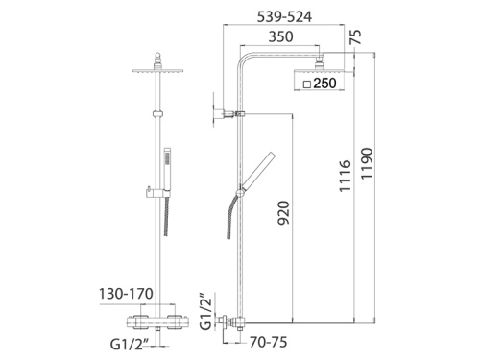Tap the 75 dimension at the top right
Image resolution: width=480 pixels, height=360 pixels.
tap(356, 39)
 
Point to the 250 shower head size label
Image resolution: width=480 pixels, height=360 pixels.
tap(324, 84)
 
